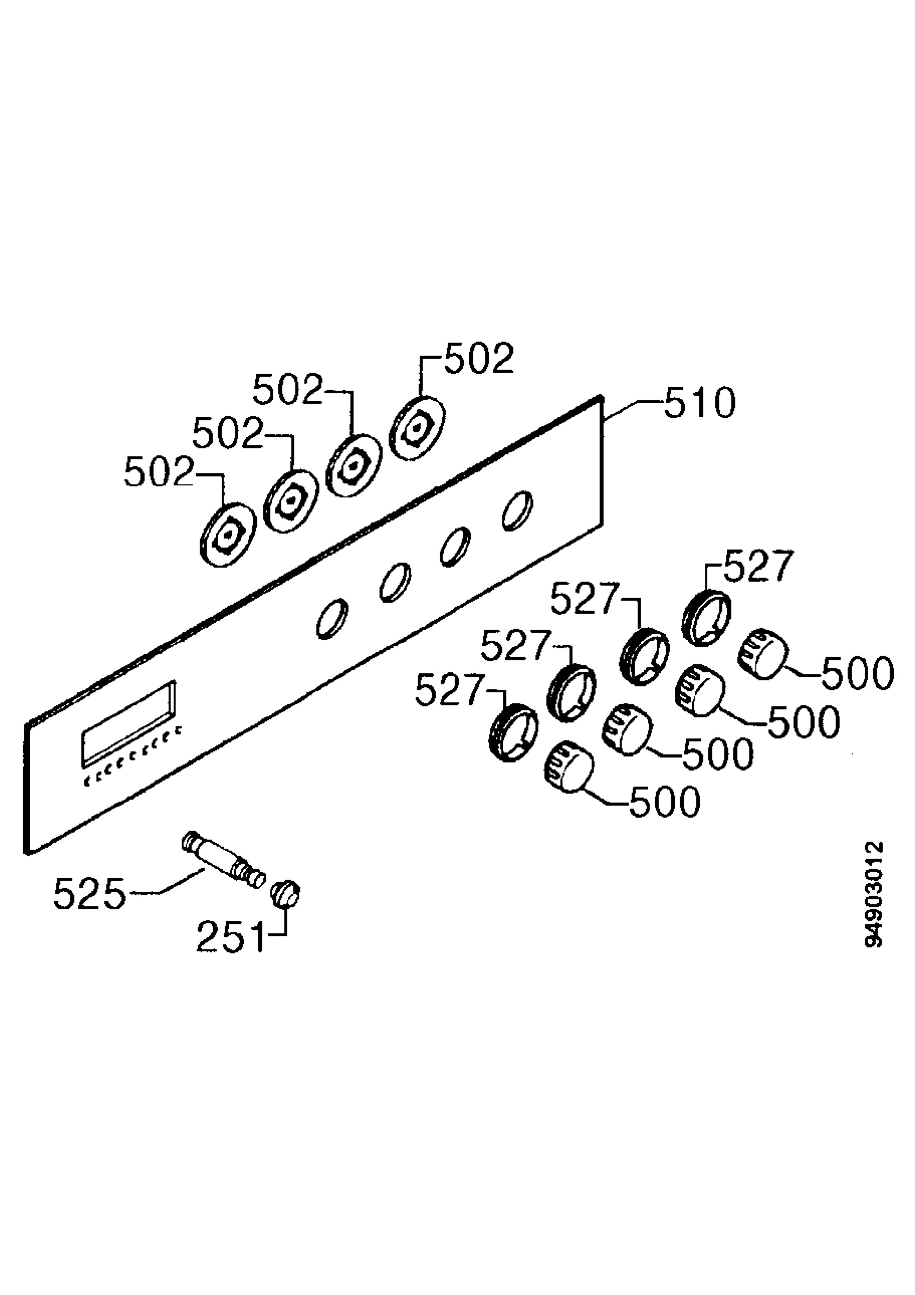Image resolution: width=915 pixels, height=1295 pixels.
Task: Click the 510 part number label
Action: coord(700,403)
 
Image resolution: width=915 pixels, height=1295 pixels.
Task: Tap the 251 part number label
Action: coord(230,937)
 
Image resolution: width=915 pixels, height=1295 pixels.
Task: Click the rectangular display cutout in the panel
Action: coord(128,723)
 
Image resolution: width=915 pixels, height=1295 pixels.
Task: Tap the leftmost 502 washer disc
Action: coord(228,534)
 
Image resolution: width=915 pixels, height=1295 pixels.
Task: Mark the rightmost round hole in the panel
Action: coord(517,510)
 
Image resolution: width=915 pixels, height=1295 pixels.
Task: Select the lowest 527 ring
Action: coord(513,733)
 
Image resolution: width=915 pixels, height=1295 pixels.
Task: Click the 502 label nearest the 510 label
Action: coord(479,358)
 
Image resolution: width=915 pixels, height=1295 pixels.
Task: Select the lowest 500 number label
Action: coord(665,801)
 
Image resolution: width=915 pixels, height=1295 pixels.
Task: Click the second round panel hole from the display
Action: coord(395,582)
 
